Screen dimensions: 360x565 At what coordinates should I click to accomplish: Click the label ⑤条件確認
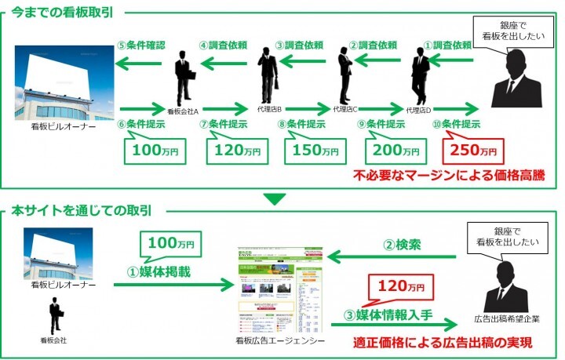coord(141,46)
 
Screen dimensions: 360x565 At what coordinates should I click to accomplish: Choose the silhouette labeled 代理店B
coord(268,74)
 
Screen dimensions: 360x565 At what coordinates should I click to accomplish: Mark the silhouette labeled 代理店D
coord(421,74)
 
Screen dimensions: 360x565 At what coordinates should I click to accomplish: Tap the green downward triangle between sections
coord(275,199)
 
